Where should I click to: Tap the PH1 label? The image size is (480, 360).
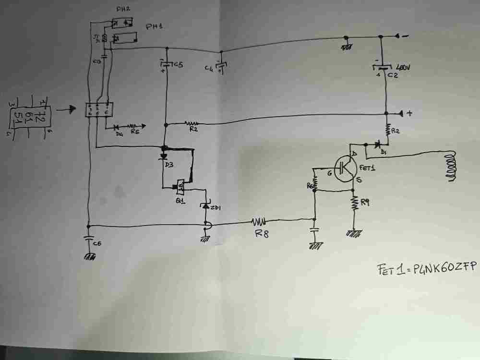(x=155, y=27)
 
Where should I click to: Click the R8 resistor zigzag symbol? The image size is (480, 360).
(x=260, y=222)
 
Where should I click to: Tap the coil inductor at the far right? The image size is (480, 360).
(x=451, y=166)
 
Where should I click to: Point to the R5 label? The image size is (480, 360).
(x=136, y=133)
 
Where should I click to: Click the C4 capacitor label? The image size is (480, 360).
(x=208, y=69)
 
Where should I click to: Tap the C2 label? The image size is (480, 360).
(x=393, y=76)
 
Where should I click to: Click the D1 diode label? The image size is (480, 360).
(x=383, y=153)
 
